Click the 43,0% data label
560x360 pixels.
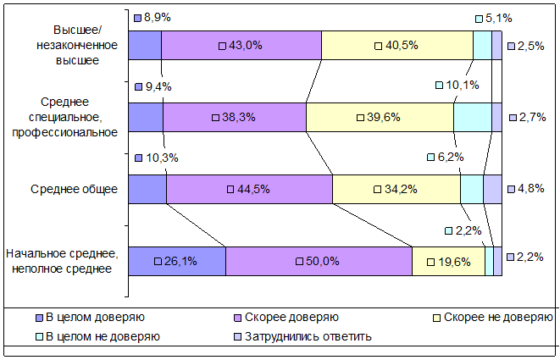(241, 46)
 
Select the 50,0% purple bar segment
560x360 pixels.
(319, 261)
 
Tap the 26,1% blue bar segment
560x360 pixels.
(177, 261)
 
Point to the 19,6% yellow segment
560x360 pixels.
(448, 261)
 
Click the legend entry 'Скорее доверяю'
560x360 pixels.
(286, 317)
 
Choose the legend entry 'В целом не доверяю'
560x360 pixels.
(98, 336)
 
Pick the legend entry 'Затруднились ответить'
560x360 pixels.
(302, 336)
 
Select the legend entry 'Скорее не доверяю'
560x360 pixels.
(493, 317)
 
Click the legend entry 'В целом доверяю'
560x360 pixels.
(91, 317)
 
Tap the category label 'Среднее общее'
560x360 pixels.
(74, 189)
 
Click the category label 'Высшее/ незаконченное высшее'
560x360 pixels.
(77, 45)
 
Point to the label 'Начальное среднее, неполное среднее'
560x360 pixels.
(62, 261)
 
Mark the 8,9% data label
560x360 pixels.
(152, 18)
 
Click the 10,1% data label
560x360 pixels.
(457, 85)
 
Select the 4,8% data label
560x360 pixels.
(526, 189)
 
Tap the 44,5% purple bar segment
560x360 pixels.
(250, 189)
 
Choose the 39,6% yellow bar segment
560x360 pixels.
(380, 117)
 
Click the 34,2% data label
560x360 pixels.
(396, 189)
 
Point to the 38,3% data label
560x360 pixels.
(234, 117)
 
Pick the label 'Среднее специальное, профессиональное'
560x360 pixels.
(64, 117)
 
